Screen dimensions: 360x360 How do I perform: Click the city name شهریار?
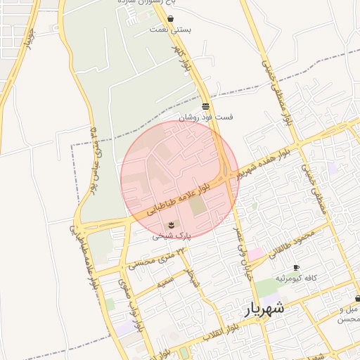click(264, 309)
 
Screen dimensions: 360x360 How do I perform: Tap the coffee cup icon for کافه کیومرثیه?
click(296, 268)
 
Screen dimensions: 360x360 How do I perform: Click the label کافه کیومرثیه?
click(295, 278)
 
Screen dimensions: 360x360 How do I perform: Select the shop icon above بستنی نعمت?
click(171, 19)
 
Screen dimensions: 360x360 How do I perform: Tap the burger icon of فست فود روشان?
click(205, 107)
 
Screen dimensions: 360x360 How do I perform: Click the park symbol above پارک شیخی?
click(172, 225)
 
